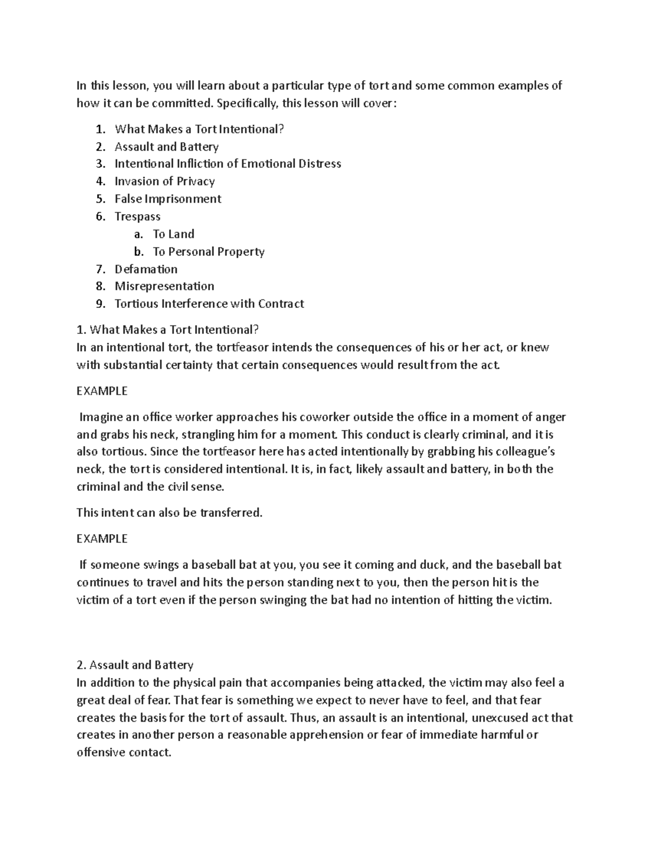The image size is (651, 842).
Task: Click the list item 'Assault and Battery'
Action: (x=167, y=147)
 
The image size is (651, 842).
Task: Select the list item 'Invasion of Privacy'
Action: (x=164, y=182)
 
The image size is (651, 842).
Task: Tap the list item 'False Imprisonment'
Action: (x=168, y=199)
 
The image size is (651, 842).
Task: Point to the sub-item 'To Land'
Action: (x=173, y=234)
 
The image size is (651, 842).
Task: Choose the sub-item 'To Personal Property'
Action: (x=208, y=252)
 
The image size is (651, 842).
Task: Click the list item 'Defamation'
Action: (x=146, y=269)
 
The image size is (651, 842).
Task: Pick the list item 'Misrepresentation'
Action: (x=164, y=286)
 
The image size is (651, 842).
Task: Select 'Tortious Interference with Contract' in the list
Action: (x=209, y=304)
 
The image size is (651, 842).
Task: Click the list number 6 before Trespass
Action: (x=100, y=217)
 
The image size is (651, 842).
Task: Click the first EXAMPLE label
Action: (x=102, y=391)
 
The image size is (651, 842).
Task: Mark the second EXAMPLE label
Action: (x=102, y=538)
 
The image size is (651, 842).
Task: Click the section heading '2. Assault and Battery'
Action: (x=135, y=665)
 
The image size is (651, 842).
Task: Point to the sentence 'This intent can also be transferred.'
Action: (x=169, y=513)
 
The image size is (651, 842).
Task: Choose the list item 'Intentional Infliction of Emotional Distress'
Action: (x=228, y=164)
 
